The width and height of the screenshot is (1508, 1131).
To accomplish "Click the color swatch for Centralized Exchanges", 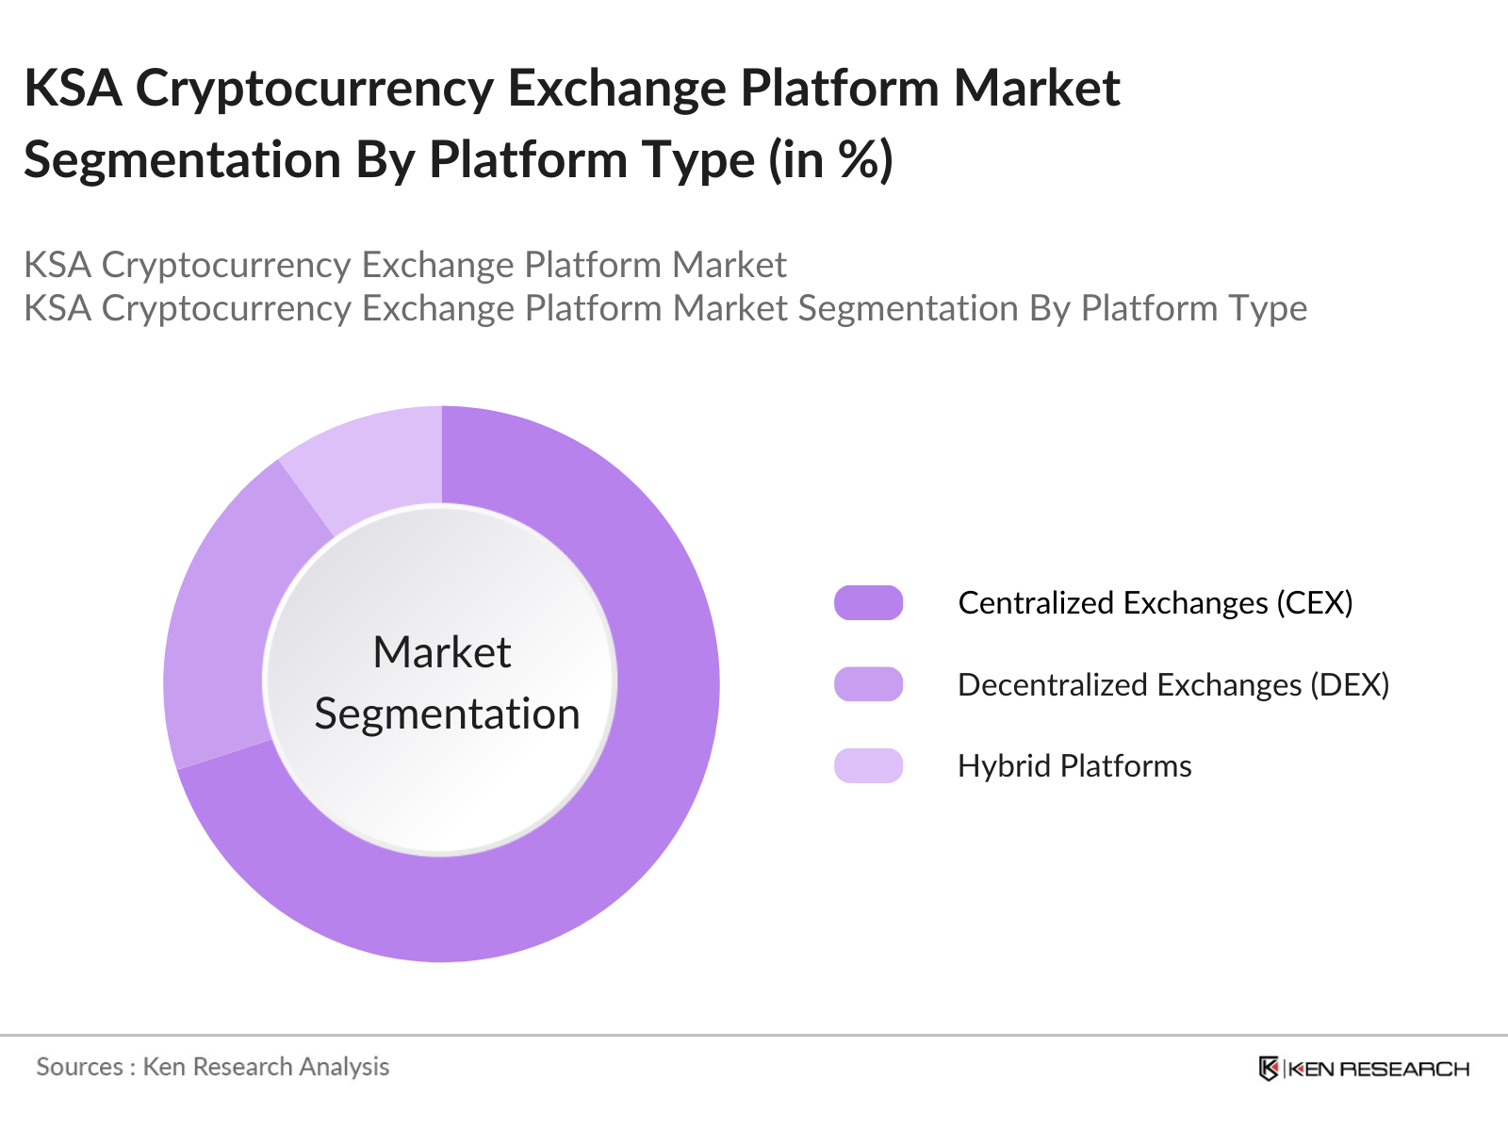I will [868, 602].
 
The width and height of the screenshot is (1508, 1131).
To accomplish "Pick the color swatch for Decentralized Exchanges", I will [868, 684].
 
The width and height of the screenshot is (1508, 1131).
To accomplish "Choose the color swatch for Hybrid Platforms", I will [868, 765].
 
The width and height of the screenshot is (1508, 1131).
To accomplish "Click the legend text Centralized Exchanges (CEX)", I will [1155, 602].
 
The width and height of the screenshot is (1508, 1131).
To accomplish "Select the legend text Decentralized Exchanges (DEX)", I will [1172, 684].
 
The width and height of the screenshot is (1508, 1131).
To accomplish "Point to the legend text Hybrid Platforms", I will [1074, 765].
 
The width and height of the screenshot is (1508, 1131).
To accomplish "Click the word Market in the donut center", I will [441, 652].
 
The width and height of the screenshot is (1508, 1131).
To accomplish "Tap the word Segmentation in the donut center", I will [447, 713].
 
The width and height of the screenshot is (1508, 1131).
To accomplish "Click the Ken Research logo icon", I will [1269, 1068].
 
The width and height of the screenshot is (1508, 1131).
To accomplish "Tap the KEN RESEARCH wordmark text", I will [1378, 1069].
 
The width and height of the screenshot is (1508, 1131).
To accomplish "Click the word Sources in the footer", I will [79, 1066].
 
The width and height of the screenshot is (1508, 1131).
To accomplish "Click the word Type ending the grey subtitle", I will [1271, 308].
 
